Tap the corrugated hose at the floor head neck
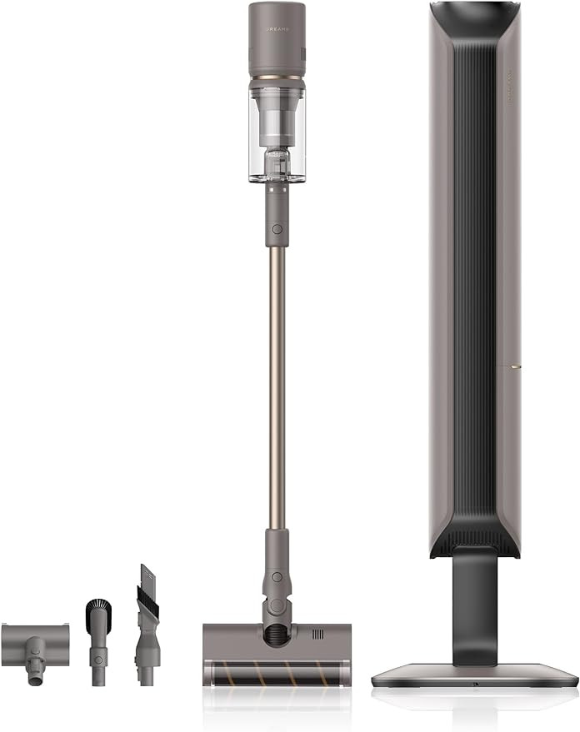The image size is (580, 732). click(x=276, y=637)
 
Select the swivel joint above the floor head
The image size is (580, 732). click(x=275, y=583)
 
